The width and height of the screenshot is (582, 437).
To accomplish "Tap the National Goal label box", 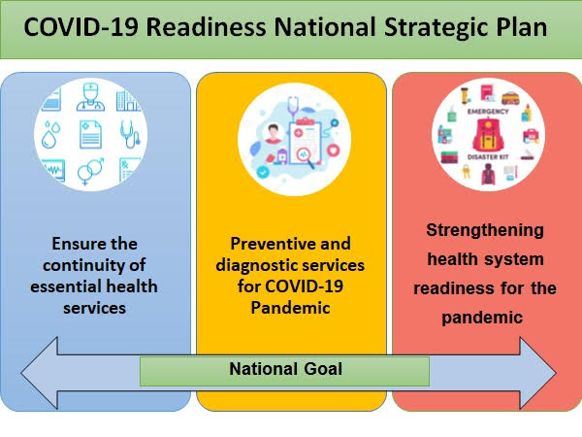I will (285, 370).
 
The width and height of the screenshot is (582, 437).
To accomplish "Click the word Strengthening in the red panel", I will (485, 230).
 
